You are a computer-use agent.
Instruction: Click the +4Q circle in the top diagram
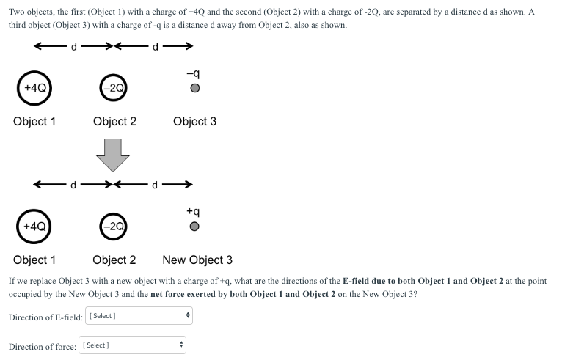pyautogui.click(x=34, y=88)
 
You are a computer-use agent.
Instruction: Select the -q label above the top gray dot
pyautogui.click(x=194, y=73)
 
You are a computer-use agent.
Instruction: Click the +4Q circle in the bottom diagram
pyautogui.click(x=34, y=227)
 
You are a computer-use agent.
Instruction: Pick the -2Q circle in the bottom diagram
pyautogui.click(x=114, y=227)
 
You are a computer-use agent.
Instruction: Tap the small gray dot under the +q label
pyautogui.click(x=194, y=227)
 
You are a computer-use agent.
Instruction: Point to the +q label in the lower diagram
pyautogui.click(x=194, y=211)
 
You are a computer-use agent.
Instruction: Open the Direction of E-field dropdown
pyautogui.click(x=139, y=316)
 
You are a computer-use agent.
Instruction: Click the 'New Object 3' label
pyautogui.click(x=197, y=260)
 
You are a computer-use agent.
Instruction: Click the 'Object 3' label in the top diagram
pyautogui.click(x=194, y=122)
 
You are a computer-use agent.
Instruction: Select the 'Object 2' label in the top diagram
pyautogui.click(x=114, y=122)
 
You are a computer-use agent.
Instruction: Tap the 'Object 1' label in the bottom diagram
pyautogui.click(x=34, y=260)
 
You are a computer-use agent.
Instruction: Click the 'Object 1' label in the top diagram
pyautogui.click(x=34, y=122)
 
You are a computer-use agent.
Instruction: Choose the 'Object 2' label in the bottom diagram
pyautogui.click(x=114, y=260)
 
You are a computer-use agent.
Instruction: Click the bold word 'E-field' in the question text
pyautogui.click(x=360, y=282)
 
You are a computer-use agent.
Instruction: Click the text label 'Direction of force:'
pyautogui.click(x=43, y=345)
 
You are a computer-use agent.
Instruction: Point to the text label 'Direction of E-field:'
pyautogui.click(x=45, y=317)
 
